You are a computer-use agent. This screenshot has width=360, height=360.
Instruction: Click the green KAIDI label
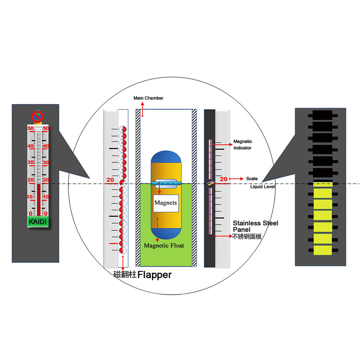click(x=37, y=221)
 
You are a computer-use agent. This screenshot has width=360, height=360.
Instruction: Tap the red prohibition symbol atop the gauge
click(x=37, y=116)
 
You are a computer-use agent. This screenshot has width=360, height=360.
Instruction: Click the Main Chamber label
click(x=148, y=98)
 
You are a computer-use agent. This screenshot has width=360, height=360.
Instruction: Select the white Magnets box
click(x=166, y=203)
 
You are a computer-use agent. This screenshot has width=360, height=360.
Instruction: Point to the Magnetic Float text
click(x=164, y=246)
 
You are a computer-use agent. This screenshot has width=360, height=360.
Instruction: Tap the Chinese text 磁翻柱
click(x=125, y=275)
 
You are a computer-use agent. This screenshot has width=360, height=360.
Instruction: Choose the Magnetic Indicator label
click(x=243, y=145)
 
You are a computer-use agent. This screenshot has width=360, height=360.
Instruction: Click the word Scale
click(x=252, y=179)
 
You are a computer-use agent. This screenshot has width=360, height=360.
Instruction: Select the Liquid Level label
click(x=262, y=186)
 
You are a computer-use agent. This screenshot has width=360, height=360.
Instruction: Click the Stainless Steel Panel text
click(x=256, y=226)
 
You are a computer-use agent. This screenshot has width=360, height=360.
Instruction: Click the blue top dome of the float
click(x=166, y=158)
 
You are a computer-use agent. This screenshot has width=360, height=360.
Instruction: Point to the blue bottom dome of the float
click(x=166, y=234)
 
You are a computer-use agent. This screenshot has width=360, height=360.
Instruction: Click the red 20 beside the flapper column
click(x=110, y=180)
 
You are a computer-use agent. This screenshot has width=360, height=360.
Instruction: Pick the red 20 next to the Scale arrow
click(x=224, y=179)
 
